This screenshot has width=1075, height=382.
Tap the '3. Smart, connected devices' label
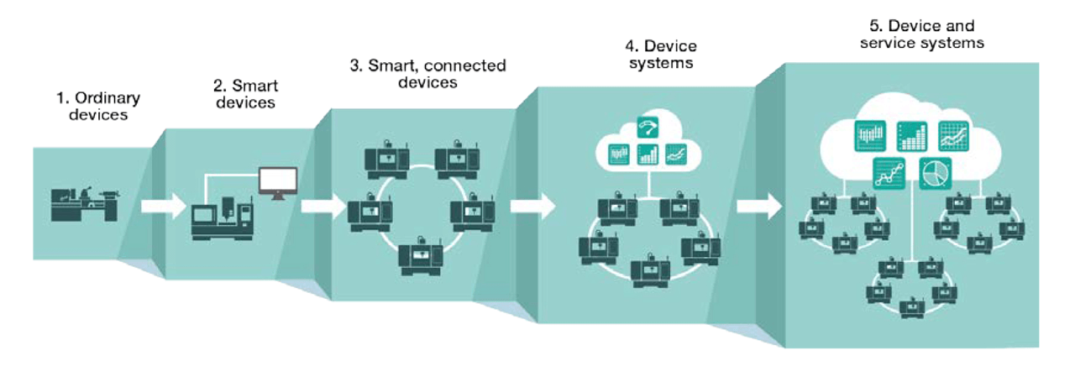427,74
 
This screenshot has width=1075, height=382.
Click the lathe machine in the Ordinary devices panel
85,204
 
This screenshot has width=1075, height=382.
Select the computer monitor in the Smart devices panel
277,181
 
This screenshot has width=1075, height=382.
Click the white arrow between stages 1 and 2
163,205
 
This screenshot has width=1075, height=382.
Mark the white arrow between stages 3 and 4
533,205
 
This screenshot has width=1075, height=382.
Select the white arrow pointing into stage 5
759,205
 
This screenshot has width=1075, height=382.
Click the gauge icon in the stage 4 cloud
648,127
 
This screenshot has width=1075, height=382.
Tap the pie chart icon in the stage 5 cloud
933,172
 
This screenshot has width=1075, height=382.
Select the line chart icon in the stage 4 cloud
676,154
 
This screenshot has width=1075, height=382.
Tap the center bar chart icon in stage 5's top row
911,135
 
